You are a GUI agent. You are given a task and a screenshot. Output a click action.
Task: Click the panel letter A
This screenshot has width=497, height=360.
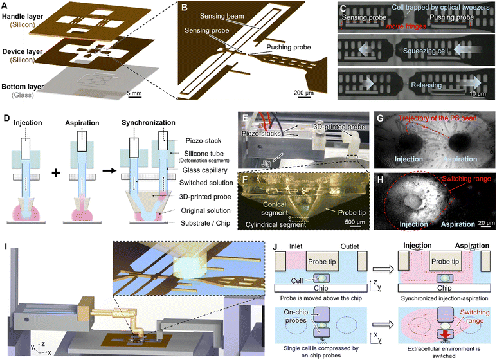pyautogui.click(x=6, y=5)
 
